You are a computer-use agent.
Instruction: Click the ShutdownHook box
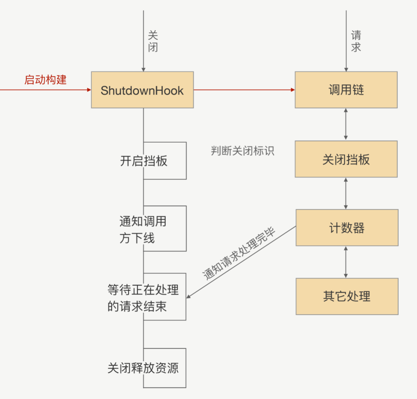click(x=142, y=90)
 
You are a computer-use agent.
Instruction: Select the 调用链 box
click(x=346, y=90)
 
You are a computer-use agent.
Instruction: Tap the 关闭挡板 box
click(x=346, y=160)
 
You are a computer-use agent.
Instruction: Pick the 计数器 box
click(x=347, y=228)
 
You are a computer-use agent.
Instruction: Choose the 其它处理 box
click(x=347, y=297)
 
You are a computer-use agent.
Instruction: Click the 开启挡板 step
click(x=144, y=161)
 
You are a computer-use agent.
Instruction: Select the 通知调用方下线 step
click(x=144, y=229)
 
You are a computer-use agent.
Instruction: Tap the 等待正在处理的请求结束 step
click(x=144, y=297)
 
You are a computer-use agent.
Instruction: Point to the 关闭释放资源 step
click(x=143, y=368)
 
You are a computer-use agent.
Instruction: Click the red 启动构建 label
click(x=45, y=80)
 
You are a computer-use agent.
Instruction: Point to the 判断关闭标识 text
click(x=242, y=151)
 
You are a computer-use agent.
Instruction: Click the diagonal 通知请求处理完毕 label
click(x=239, y=254)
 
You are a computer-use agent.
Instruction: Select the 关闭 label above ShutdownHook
click(x=153, y=41)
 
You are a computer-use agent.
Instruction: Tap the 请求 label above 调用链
click(x=356, y=41)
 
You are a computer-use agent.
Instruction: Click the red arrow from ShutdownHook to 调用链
click(x=244, y=90)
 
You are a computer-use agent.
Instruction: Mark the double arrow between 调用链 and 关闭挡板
click(x=346, y=124)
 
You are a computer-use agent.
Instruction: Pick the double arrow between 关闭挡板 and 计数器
click(x=346, y=193)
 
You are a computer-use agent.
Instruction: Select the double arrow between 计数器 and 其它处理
click(x=346, y=262)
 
